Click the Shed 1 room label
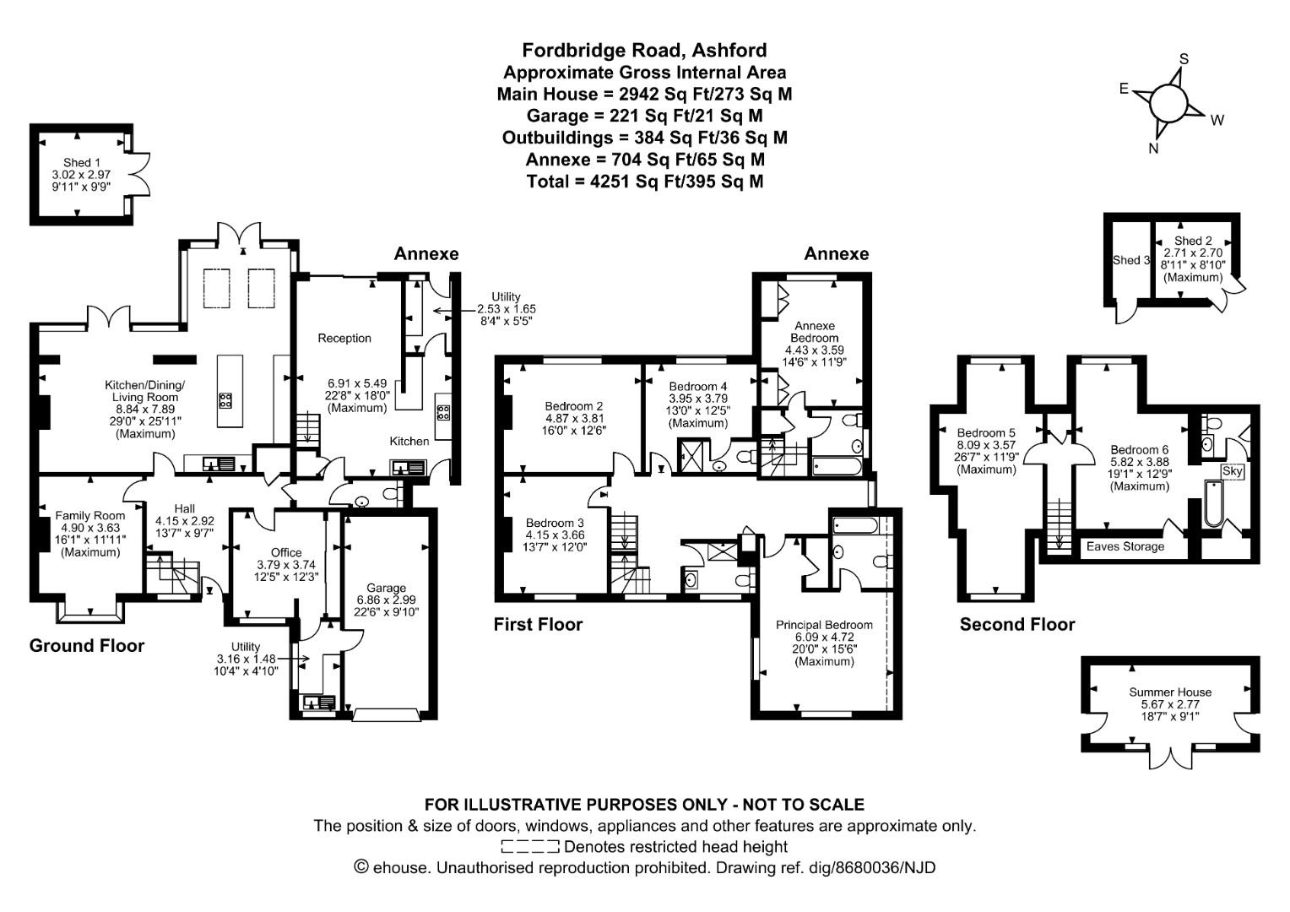coord(81,163)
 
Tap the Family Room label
coord(89,516)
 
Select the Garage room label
coord(386,589)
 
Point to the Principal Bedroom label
coord(824,625)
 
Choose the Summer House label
coord(1169,692)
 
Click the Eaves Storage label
coord(1125,546)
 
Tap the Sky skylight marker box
coord(1232,471)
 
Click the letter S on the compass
coord(1184,59)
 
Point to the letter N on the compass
coord(1153,149)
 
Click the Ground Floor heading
coord(87,646)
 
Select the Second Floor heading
coord(1016,625)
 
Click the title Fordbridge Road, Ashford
coord(644,51)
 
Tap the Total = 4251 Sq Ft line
coord(644,182)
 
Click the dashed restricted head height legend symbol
coord(529,847)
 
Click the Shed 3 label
coord(1130,260)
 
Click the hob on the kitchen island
coord(225,400)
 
